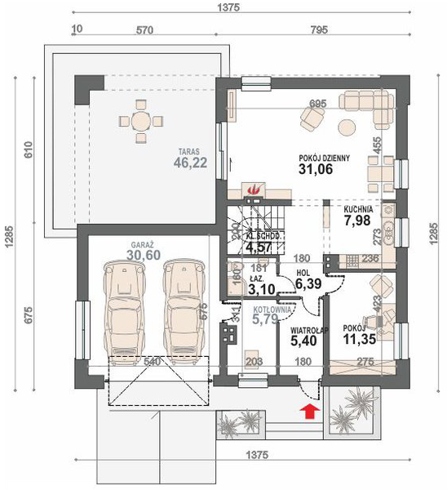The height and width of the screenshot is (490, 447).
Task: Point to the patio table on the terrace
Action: (x=141, y=122)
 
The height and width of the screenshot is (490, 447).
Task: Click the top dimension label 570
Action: (x=144, y=30)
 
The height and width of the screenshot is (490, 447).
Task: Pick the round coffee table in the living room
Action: (x=347, y=126)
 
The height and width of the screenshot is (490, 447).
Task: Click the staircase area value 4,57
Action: (x=259, y=246)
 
